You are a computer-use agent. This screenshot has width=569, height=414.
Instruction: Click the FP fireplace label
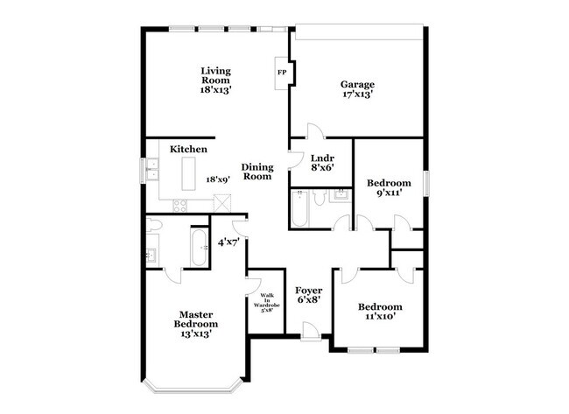282,72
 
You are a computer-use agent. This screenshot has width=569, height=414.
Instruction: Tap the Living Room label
215,80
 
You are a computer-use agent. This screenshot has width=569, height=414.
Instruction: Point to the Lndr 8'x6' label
321,163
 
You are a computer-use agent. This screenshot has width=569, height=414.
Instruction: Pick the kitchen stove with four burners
180,206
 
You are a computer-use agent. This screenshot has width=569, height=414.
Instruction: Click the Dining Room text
257,172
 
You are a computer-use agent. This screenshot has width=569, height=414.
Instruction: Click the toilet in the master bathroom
154,224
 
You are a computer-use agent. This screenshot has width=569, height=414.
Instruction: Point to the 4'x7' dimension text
228,242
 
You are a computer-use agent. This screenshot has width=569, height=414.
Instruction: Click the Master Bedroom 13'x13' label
198,323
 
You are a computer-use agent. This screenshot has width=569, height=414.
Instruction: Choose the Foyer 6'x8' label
307,294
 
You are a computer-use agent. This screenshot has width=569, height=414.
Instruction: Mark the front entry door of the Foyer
309,330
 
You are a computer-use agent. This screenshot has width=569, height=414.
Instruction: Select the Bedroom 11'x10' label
380,312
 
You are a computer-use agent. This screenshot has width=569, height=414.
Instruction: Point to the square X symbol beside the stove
221,203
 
